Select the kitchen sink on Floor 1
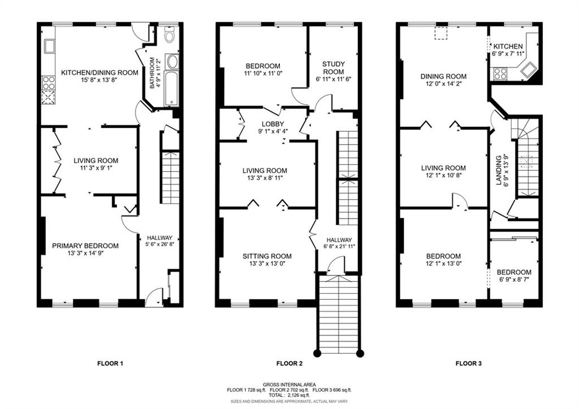[49, 46]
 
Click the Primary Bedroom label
[85, 246]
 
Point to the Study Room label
[333, 68]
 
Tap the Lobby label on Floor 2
[273, 124]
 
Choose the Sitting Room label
[267, 256]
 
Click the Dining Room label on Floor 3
[443, 76]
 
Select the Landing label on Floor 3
[499, 170]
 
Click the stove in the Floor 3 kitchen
[499, 74]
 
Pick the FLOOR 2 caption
[289, 364]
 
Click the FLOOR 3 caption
[469, 364]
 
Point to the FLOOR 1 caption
[110, 364]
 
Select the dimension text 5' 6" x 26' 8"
[160, 244]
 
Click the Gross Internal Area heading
[289, 385]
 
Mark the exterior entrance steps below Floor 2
[339, 314]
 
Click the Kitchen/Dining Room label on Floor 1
[100, 72]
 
